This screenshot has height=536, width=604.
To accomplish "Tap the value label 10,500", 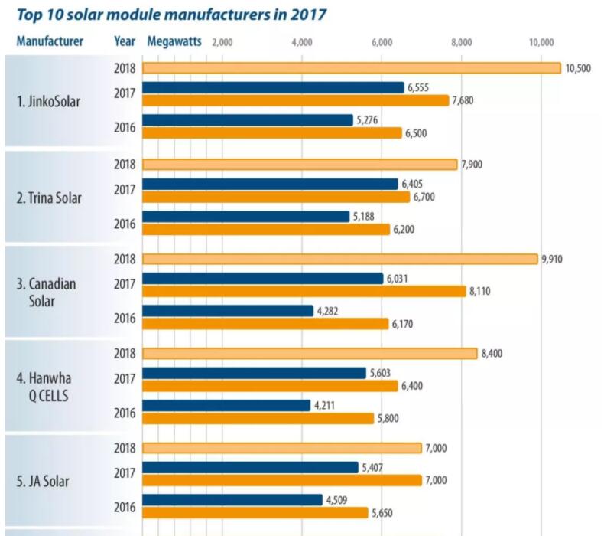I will coord(578,68).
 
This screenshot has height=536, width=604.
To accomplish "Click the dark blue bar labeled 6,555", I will coord(273,87).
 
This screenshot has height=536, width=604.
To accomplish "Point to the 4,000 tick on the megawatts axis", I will coord(302,42).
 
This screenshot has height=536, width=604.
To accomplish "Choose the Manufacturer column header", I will coord(50,41).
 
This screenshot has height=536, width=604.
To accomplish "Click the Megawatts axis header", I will coord(174,41).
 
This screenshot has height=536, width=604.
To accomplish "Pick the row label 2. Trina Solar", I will coord(50,198).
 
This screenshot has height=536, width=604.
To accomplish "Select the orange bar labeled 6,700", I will coord(276,197).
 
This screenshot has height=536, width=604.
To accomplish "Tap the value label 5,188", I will coord(366,216).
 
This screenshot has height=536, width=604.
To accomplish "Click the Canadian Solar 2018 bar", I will coord(340,259).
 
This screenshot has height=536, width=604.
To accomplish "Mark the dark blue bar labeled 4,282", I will coord(228,311).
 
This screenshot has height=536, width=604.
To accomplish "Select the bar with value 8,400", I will coord(310,353).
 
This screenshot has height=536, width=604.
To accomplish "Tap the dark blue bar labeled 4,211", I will coord(226,405).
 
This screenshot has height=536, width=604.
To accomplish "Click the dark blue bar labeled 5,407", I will coord(250,467).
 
